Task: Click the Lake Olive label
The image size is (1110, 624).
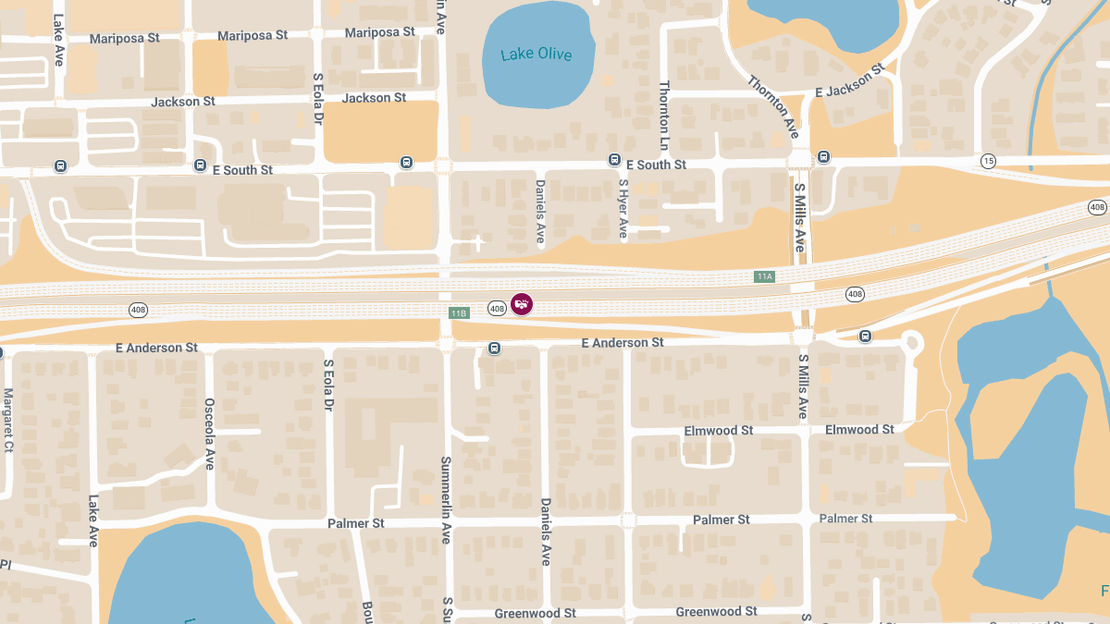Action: (536, 55)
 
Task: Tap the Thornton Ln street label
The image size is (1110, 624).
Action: (663, 116)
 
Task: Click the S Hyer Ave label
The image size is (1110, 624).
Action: (623, 209)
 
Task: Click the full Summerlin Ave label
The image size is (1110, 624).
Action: (446, 499)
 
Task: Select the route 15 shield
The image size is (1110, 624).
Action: (989, 161)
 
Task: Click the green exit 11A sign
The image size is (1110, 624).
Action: (764, 276)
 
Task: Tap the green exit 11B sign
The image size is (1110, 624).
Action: (459, 313)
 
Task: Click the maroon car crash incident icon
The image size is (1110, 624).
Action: (522, 303)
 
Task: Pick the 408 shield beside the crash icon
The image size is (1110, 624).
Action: (497, 308)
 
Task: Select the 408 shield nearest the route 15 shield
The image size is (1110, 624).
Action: (1097, 206)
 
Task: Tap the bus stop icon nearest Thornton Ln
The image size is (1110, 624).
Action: (614, 160)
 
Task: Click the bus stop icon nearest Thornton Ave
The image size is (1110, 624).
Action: (823, 157)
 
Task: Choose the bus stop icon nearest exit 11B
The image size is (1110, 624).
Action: (495, 349)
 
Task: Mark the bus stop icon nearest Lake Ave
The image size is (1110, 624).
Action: (60, 166)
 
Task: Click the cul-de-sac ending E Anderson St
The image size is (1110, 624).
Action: (913, 343)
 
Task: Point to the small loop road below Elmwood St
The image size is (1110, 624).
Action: (708, 450)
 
